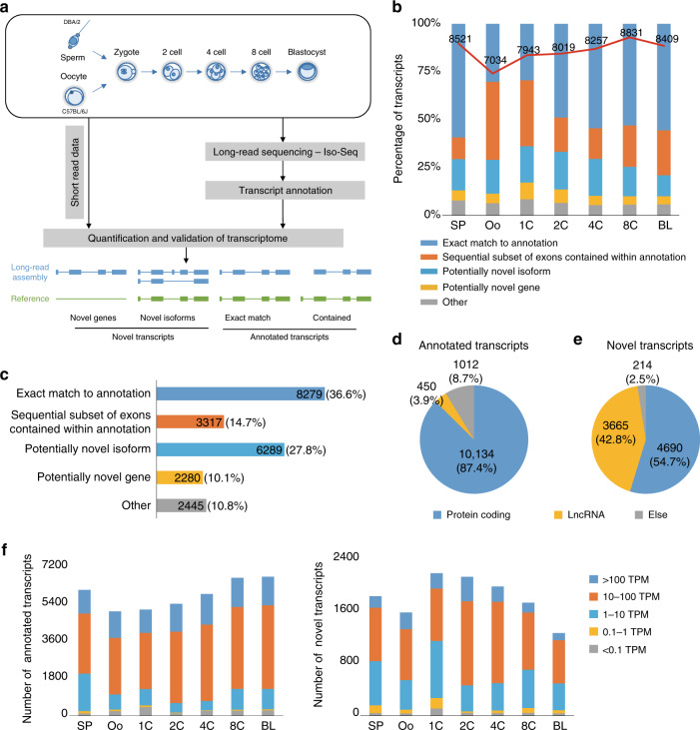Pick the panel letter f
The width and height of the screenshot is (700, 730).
click(x=7, y=547)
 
